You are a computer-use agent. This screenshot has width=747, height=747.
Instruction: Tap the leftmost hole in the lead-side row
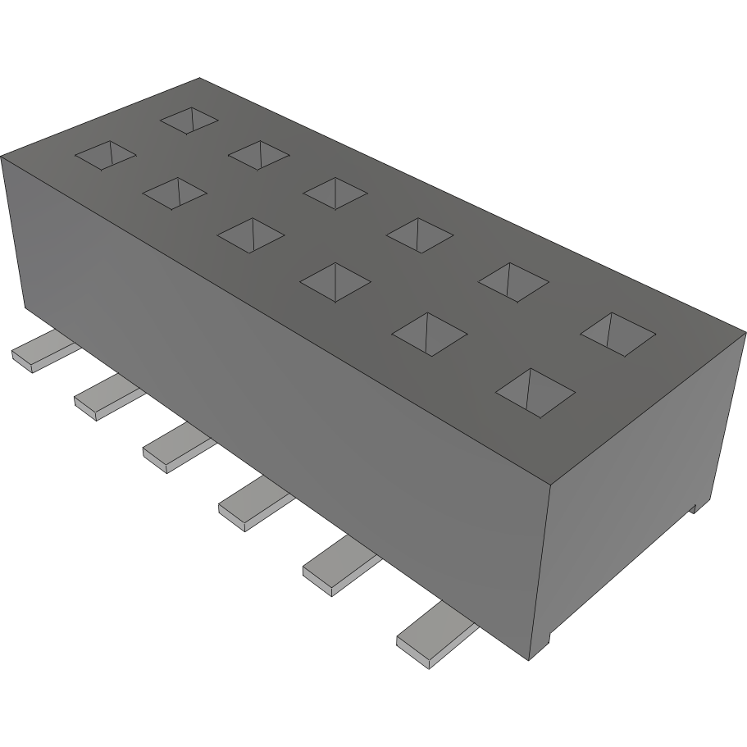coord(106,155)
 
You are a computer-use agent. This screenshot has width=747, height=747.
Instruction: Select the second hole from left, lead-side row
coord(174,193)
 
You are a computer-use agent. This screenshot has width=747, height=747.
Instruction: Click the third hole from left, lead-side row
coord(250,233)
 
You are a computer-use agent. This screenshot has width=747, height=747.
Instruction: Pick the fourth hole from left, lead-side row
coord(335,280)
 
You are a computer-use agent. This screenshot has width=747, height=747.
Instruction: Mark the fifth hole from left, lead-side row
coord(429,332)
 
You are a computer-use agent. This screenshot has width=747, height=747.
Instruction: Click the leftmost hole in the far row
coord(189,120)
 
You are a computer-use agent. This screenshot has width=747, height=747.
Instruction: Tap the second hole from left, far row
coord(258,154)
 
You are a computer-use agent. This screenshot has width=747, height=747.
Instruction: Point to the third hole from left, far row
coord(335,192)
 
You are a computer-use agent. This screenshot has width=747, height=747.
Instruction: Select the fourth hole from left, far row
coord(419,234)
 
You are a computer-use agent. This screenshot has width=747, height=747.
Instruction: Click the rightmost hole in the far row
coord(617,332)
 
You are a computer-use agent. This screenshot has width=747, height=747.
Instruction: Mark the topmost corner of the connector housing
coord(199,79)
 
